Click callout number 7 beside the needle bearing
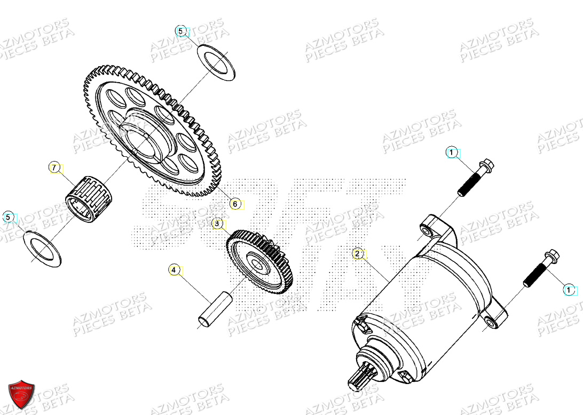click(53, 167)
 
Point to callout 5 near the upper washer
click(181, 31)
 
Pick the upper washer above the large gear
click(216, 63)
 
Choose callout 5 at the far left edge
click(8, 217)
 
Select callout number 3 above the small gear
click(217, 224)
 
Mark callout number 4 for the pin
click(174, 270)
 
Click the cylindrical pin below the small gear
click(214, 308)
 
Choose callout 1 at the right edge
click(569, 290)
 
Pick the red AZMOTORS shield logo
click(22, 395)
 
